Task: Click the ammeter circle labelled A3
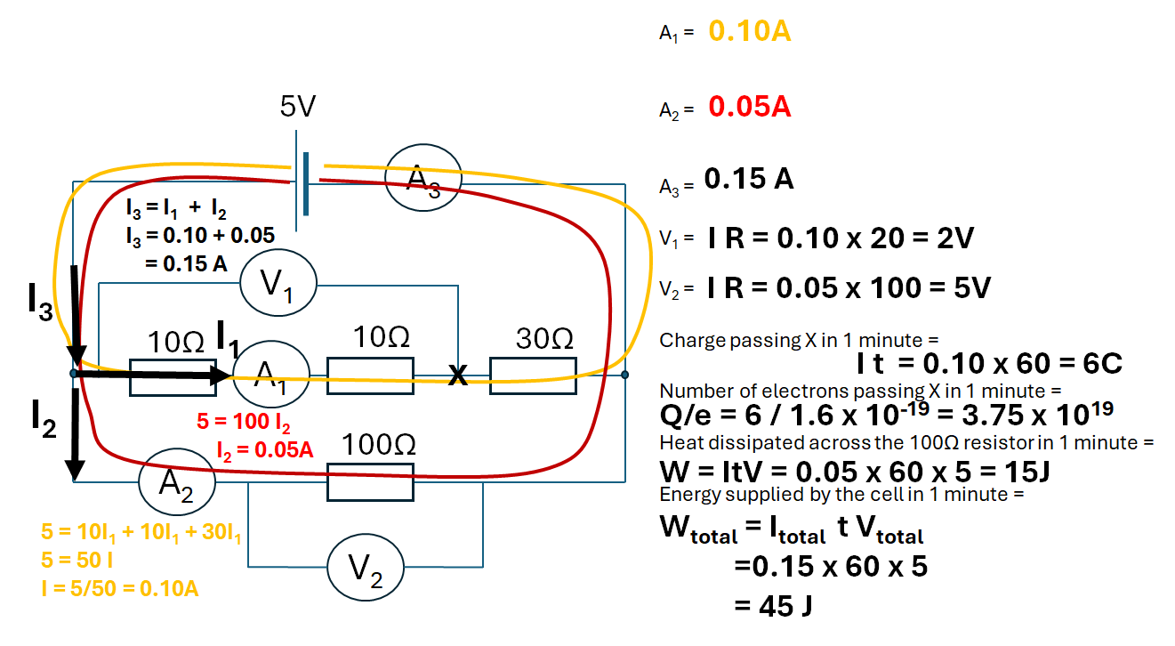click(x=423, y=179)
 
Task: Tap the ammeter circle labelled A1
click(x=270, y=375)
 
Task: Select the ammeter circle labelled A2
click(x=177, y=481)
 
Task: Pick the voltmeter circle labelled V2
click(x=366, y=566)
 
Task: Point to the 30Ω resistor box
click(x=533, y=375)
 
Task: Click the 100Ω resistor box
click(x=371, y=481)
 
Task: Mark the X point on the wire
click(x=457, y=376)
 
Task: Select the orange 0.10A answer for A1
click(x=750, y=33)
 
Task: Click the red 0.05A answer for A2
click(x=750, y=108)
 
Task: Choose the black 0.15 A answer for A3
click(x=749, y=180)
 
